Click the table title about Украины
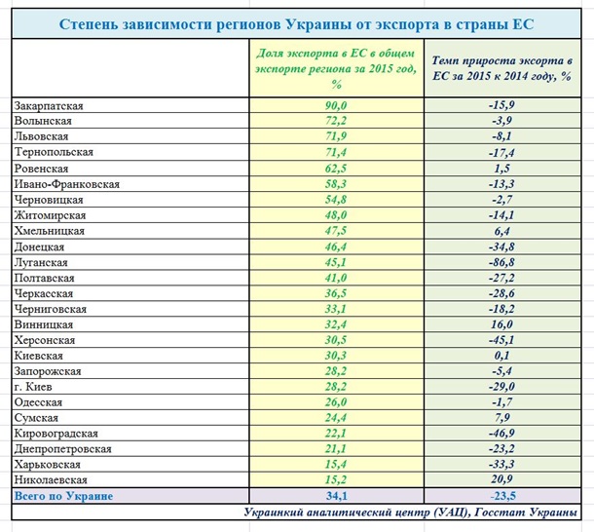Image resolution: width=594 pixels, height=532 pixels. (x=296, y=21)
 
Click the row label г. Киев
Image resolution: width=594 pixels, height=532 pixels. (x=36, y=387)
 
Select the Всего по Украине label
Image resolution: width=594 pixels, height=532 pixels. (x=63, y=496)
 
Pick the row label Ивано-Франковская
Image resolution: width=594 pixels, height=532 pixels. (x=67, y=184)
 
